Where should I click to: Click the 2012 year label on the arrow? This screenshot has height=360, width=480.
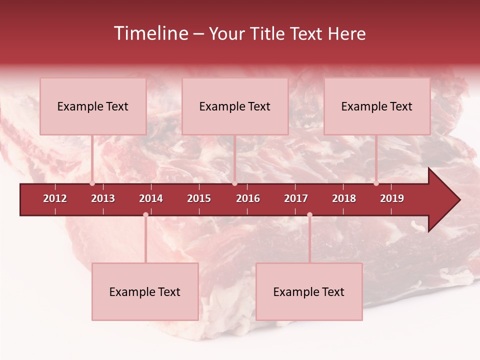pos(55,198)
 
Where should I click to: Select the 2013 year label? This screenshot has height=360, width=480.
pos(103,198)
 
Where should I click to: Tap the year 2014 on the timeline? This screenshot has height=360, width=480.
pos(151,198)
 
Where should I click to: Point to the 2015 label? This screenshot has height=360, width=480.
pos(199,198)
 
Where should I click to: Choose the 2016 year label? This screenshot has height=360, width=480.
pos(248,198)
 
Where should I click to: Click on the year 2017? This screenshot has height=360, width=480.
pos(296,198)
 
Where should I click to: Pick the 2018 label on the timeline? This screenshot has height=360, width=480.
pos(344,198)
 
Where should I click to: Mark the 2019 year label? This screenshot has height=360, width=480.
pos(392,198)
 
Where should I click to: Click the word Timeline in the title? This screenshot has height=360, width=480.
pos(150,33)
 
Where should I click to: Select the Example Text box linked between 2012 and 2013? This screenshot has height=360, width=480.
pos(93,106)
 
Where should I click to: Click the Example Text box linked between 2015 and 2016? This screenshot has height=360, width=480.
pos(235,106)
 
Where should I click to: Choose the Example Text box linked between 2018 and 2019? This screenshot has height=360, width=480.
pos(377,106)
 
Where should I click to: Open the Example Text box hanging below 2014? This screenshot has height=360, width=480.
pos(145,291)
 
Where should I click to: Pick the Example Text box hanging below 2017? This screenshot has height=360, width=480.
pos(309,291)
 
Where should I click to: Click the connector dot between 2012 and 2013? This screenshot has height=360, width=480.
pos(92,183)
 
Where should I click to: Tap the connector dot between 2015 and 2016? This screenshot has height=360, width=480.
pos(234,183)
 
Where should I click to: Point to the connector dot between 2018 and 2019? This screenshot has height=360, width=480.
pos(376,183)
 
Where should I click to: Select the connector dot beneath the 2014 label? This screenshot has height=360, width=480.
pos(145,215)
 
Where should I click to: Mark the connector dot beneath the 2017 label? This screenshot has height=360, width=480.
pos(309,215)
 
